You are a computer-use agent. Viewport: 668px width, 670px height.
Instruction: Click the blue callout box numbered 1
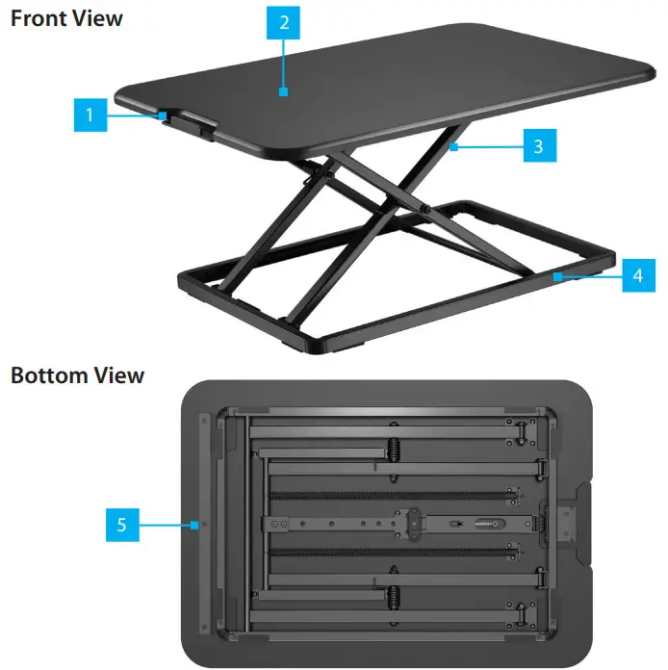click(90, 117)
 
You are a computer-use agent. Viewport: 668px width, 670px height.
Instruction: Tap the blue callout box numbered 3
click(539, 147)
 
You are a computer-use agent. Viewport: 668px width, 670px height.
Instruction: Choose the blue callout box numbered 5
click(122, 526)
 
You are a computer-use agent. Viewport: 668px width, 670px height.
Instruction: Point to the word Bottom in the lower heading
click(48, 374)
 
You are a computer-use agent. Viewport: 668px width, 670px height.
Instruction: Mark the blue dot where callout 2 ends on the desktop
click(283, 92)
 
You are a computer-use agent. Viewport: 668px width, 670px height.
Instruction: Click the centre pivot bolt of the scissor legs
click(424, 209)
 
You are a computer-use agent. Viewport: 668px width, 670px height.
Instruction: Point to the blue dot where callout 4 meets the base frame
click(556, 275)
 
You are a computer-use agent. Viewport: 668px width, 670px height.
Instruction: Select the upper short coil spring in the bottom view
click(393, 450)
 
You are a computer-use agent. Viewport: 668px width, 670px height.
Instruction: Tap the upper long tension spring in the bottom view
click(390, 495)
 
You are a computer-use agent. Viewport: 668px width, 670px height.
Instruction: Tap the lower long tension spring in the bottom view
click(390, 556)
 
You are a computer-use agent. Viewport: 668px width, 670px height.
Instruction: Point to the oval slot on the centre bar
click(484, 525)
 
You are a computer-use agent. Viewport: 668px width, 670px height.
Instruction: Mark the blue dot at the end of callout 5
click(195, 525)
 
